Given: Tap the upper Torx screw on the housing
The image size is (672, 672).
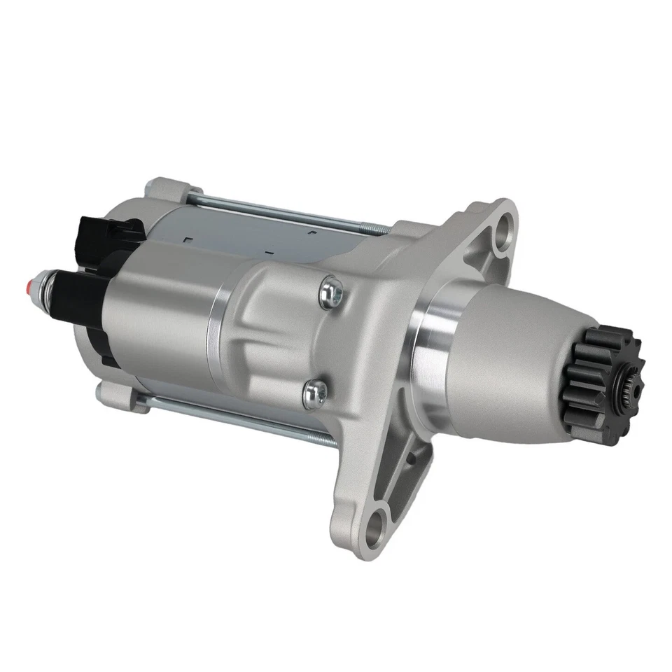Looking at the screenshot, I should coord(331,292).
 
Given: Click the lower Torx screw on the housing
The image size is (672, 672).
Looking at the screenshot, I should coord(314,394).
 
